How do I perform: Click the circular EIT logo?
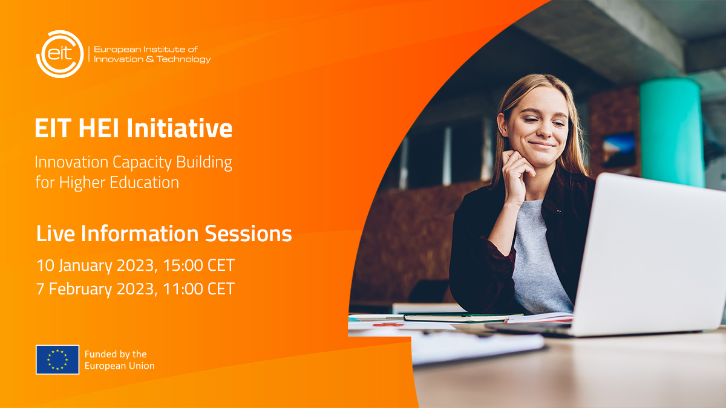59,54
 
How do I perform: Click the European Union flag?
57,360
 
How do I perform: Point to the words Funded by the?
116,354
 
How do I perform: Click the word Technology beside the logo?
182,59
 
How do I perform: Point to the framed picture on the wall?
619,151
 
